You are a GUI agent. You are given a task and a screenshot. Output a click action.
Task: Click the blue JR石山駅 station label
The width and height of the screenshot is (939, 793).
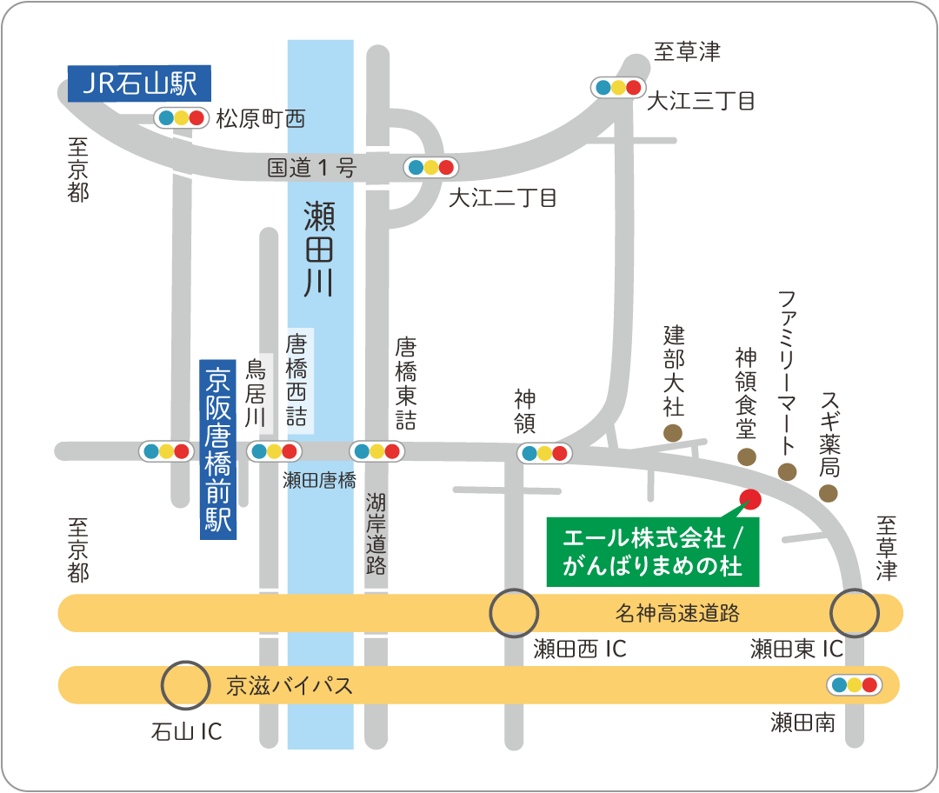139,84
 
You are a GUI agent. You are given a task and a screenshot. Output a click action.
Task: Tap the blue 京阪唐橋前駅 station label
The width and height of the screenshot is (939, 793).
217,450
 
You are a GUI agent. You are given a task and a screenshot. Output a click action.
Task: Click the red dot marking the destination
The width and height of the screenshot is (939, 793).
749,499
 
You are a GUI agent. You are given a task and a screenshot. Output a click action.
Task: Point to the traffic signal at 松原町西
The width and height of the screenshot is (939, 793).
181,117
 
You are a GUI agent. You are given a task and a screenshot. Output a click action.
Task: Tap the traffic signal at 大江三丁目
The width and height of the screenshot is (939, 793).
617,87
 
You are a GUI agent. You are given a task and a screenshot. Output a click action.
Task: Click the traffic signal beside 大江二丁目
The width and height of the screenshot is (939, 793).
430,167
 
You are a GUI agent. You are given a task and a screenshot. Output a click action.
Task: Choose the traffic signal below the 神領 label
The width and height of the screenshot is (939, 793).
544,453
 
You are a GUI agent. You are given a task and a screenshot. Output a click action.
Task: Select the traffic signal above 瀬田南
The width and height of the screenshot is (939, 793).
854,685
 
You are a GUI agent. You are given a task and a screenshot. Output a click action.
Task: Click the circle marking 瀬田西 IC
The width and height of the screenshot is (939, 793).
514,614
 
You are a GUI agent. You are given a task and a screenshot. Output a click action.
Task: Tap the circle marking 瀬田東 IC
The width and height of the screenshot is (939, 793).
855,614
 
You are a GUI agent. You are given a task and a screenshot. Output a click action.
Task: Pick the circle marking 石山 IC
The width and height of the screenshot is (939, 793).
186,685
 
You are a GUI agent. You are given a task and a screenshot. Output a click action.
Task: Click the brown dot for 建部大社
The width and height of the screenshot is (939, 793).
673,432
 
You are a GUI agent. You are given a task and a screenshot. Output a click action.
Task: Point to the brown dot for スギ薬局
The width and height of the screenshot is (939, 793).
829,494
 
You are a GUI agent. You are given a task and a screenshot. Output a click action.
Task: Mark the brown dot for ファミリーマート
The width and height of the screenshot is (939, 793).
787,472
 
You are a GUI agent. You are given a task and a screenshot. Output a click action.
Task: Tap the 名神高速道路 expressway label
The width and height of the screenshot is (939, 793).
677,614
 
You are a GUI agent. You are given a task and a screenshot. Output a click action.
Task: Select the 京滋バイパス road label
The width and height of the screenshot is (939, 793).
290,685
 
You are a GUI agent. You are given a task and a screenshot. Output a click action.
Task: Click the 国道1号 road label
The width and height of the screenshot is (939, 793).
311,168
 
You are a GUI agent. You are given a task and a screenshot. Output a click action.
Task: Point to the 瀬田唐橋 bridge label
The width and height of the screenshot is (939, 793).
319,480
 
